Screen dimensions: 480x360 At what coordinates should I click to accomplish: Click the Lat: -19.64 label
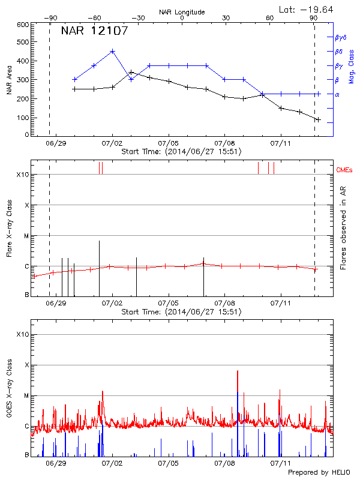[307, 9]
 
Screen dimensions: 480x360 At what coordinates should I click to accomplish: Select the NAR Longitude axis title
[182, 12]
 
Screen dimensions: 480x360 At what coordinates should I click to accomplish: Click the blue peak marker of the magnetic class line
[112, 51]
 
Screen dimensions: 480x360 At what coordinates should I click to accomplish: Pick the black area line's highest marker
[131, 72]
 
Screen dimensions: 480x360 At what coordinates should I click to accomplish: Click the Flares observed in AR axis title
[343, 228]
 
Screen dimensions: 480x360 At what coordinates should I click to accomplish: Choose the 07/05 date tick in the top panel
[168, 144]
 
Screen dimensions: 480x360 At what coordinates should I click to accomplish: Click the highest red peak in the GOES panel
[238, 372]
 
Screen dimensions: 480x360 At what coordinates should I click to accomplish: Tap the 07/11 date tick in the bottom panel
[281, 464]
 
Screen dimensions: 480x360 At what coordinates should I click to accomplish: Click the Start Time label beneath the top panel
[181, 152]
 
